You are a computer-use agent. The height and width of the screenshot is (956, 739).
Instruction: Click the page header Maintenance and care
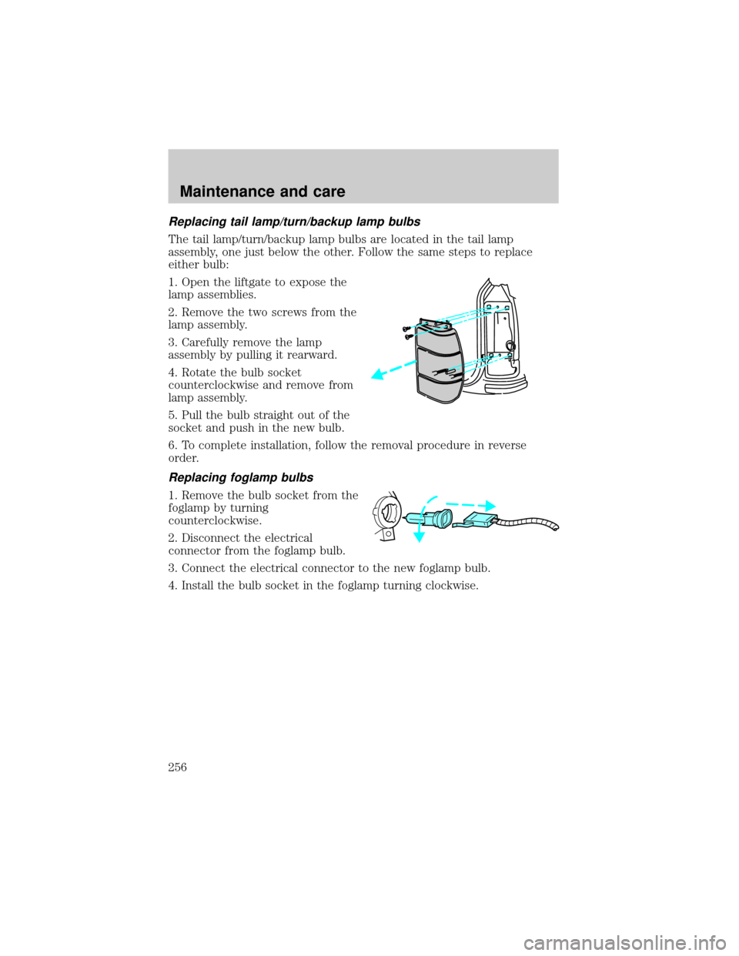262,192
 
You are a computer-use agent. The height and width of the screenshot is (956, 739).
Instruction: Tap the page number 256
178,767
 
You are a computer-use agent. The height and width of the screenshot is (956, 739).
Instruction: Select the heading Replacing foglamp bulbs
241,477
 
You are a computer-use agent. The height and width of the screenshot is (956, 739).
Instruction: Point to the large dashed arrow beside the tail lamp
393,369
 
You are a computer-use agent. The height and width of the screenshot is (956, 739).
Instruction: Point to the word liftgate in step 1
255,282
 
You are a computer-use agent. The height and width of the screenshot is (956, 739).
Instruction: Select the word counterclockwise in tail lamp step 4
214,385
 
